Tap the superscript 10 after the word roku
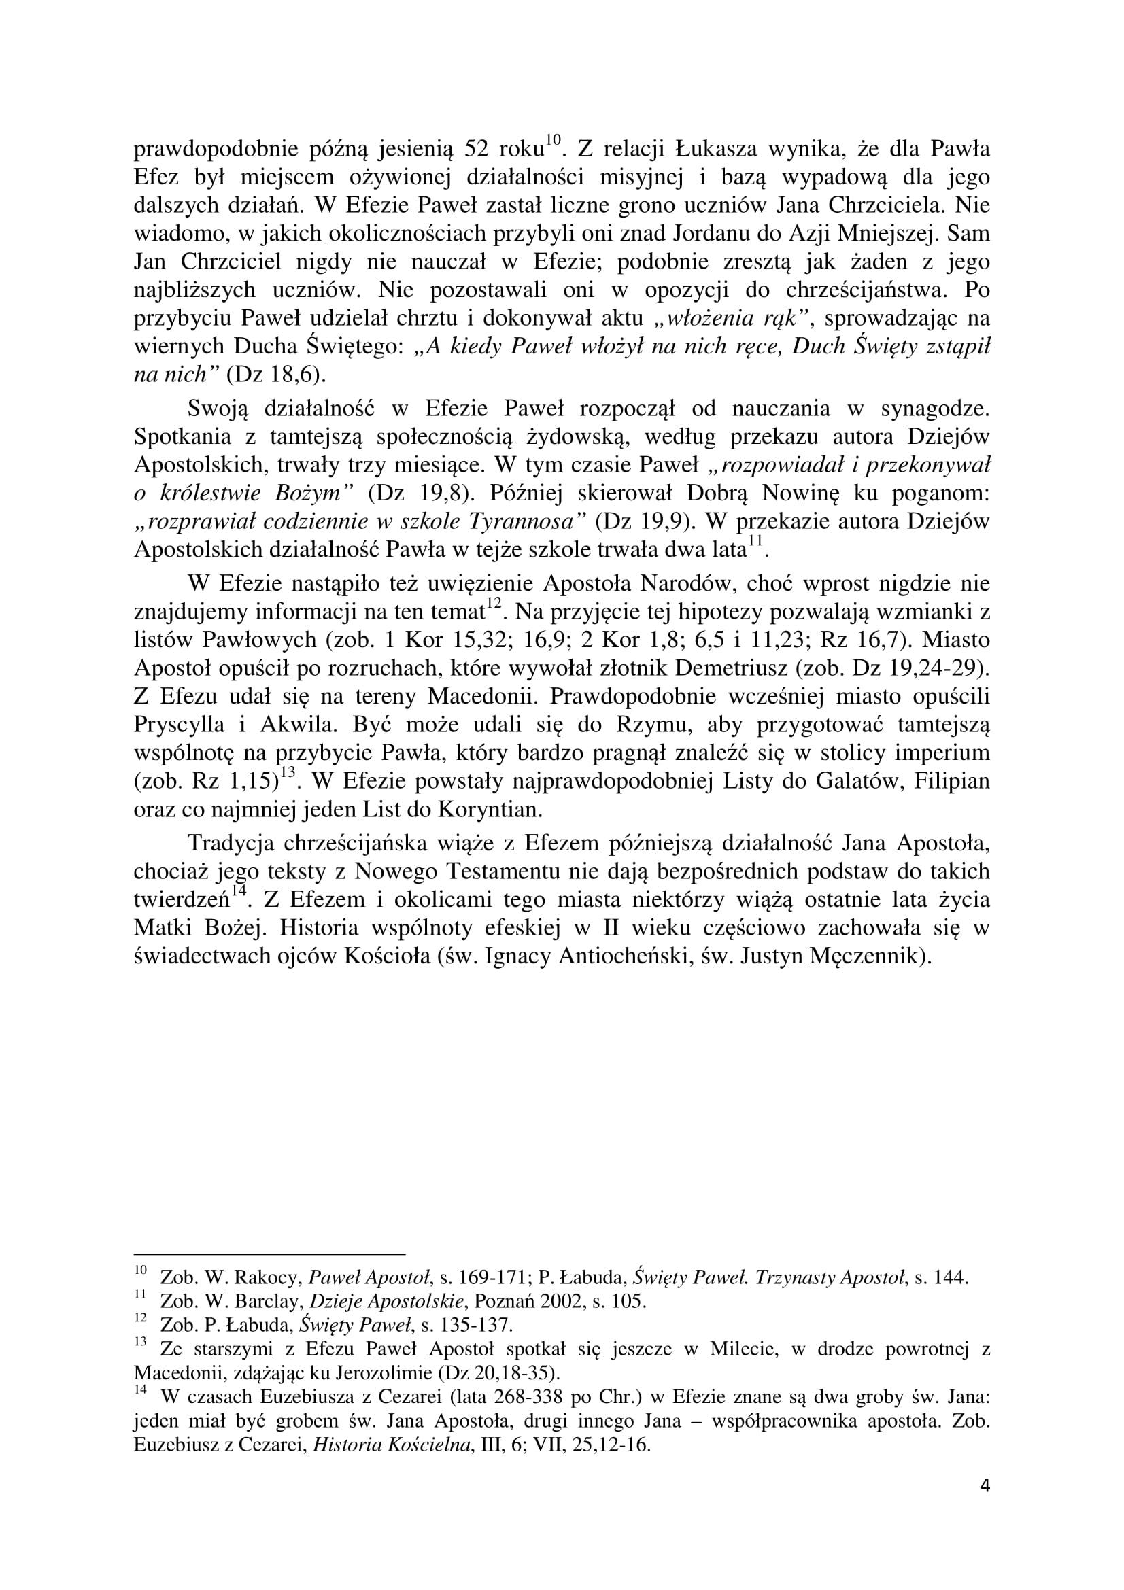pyautogui.click(x=551, y=141)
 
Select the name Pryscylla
pyautogui.click(x=180, y=725)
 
